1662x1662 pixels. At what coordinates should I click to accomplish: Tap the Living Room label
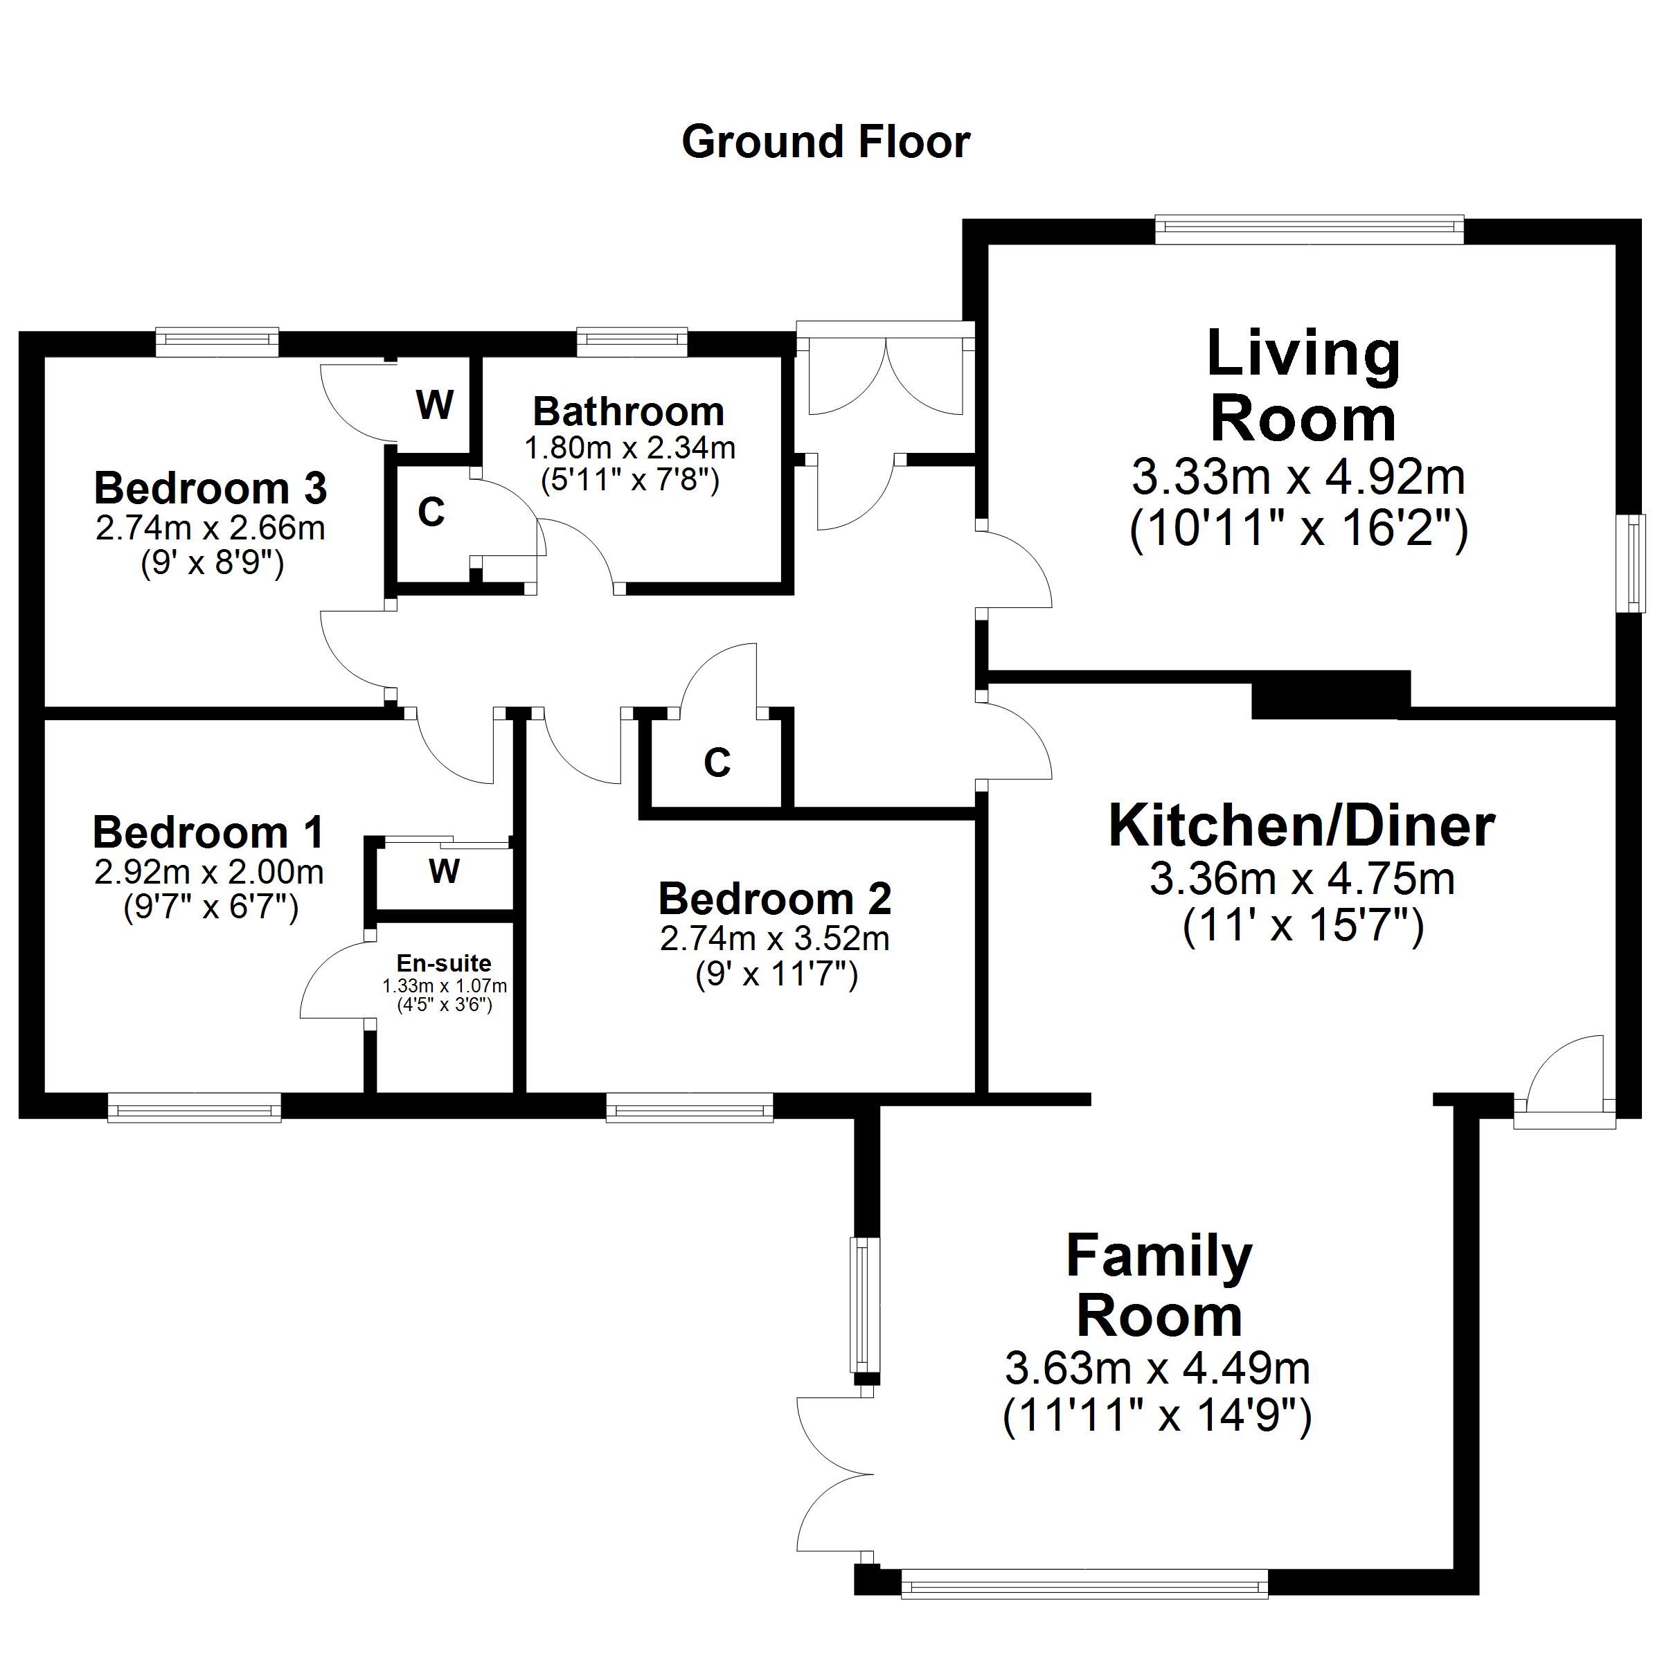coord(1303,386)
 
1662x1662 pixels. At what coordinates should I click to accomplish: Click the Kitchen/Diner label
coord(1302,827)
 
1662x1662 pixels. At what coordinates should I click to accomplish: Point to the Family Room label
coord(1159,1285)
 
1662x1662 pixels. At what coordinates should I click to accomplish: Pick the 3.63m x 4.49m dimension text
coord(1157,1367)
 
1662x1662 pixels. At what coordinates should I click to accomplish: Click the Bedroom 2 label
coord(774,899)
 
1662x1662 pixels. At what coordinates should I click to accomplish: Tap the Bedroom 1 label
coord(208,832)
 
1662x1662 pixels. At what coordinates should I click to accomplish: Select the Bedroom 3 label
coord(211,489)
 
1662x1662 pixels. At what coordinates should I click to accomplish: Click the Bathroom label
coord(628,412)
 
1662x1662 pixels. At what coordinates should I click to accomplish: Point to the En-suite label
coord(444,963)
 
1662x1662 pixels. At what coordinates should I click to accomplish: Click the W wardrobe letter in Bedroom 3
coord(434,404)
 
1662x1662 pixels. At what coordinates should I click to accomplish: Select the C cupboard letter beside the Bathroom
coord(431,512)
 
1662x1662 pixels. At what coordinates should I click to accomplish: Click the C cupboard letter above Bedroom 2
coord(717,763)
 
